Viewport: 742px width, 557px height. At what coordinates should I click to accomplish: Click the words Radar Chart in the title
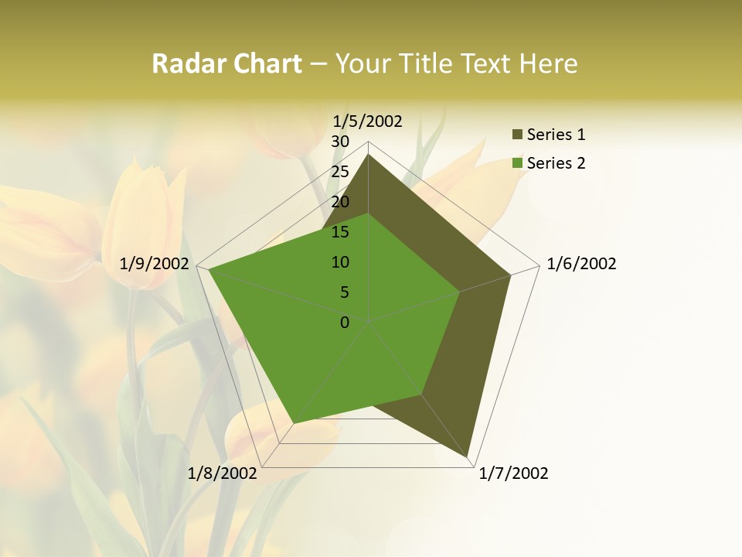(226, 64)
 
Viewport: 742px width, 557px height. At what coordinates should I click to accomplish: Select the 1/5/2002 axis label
(368, 121)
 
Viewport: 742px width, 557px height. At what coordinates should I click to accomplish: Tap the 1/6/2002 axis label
(581, 264)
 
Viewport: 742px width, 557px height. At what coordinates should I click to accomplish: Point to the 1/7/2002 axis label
(513, 473)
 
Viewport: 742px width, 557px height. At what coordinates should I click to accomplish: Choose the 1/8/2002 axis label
(223, 473)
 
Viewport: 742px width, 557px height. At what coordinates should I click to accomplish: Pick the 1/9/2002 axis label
(155, 264)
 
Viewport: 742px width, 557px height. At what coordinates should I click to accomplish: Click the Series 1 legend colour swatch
(517, 135)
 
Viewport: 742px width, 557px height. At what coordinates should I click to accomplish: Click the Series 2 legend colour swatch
(517, 163)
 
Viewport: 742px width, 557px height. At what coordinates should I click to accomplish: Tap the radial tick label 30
(340, 142)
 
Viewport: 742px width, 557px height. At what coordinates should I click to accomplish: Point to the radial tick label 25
(340, 172)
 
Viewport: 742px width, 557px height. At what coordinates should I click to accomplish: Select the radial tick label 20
(340, 202)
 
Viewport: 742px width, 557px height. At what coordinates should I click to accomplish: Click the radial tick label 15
(340, 232)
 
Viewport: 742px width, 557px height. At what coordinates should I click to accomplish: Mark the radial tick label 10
(340, 262)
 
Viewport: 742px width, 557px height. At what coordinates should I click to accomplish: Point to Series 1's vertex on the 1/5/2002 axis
(369, 154)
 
